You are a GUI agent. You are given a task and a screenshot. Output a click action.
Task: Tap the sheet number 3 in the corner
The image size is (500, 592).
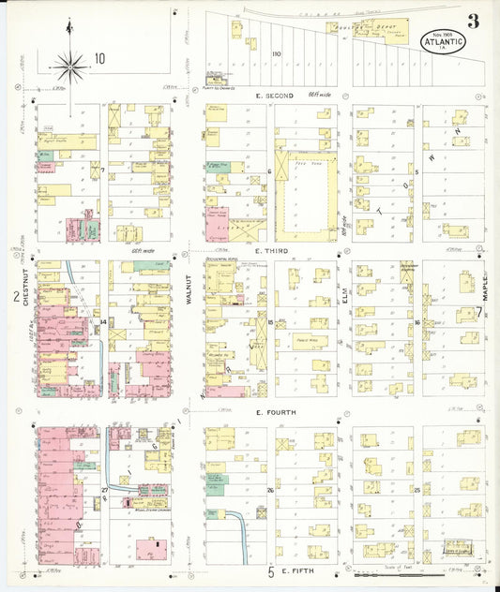[x=474, y=21]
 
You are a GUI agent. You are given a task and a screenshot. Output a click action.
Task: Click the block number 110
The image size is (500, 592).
[x=276, y=54]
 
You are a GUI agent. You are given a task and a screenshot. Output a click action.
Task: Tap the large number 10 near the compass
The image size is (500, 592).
[x=98, y=58]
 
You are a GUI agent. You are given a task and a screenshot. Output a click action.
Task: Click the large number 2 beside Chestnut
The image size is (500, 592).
[x=16, y=298]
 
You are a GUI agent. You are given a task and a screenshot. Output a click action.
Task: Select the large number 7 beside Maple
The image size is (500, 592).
[x=478, y=312]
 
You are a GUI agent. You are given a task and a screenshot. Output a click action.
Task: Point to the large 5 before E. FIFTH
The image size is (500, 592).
[x=271, y=570]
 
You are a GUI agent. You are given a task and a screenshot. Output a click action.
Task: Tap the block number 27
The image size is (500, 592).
[x=105, y=490]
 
